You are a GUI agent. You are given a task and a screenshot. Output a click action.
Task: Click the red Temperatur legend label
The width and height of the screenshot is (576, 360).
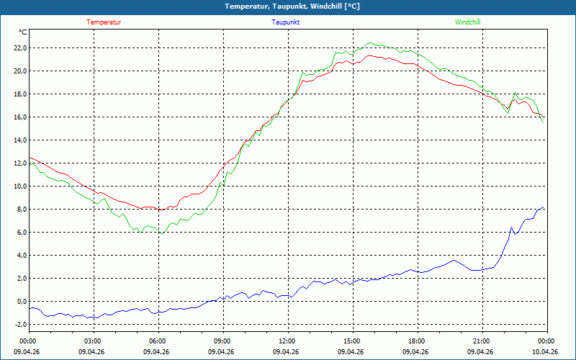click(104, 22)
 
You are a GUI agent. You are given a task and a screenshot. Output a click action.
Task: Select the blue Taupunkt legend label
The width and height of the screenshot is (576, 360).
click(285, 22)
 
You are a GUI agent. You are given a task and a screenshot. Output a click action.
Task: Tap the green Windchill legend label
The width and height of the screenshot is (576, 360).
click(467, 22)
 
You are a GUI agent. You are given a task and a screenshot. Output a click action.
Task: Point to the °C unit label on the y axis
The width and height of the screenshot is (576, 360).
click(23, 32)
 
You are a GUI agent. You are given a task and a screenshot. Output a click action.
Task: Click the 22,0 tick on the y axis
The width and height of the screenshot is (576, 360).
click(20, 48)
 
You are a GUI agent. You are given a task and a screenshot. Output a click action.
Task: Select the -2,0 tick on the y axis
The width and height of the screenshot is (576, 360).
click(20, 325)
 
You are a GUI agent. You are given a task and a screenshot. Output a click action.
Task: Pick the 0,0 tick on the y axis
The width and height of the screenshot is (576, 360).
click(22, 301)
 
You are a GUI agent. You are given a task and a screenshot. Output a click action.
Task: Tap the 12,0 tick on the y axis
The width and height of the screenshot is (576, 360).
click(20, 163)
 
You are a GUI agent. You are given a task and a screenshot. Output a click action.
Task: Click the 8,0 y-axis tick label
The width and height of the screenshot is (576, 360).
click(22, 209)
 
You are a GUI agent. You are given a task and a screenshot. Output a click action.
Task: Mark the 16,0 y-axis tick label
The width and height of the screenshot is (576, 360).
click(20, 117)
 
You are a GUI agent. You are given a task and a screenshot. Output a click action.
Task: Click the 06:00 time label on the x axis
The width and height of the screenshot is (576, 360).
click(159, 341)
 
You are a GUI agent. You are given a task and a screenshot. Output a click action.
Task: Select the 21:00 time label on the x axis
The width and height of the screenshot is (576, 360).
click(482, 341)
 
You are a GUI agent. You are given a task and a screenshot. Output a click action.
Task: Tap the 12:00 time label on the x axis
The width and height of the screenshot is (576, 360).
click(289, 341)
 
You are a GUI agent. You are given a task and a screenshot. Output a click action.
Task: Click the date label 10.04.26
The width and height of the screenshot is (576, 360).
click(545, 351)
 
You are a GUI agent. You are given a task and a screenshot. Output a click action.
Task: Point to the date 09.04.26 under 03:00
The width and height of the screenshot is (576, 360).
click(91, 351)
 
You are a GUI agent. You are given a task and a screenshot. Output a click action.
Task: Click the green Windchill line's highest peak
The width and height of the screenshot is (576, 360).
click(370, 42)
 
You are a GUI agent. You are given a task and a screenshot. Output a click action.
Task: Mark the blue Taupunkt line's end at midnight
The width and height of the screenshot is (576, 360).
click(544, 207)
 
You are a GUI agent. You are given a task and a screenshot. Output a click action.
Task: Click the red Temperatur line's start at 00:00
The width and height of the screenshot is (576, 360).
click(30, 157)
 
